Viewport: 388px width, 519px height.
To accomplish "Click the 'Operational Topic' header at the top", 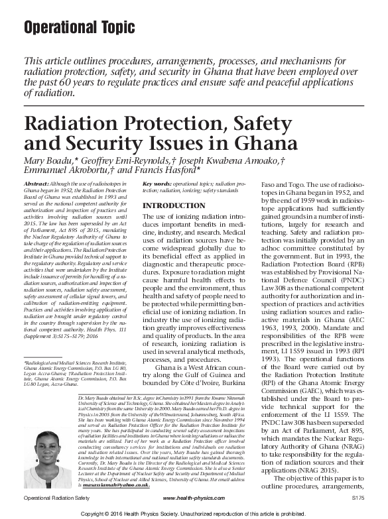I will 78,28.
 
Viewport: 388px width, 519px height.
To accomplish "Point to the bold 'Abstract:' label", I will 35,182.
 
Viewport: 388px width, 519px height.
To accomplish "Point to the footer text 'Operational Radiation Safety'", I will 57,497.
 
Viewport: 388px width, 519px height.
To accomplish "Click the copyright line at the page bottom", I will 194,512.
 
